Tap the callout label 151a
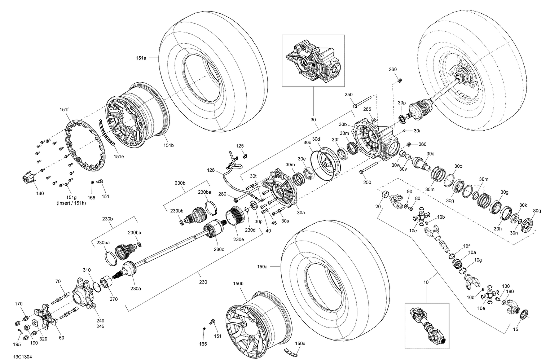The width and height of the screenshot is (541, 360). point(141,58)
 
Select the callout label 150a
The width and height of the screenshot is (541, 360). point(262,267)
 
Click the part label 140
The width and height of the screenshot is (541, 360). point(40,193)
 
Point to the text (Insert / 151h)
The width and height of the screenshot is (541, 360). point(71,203)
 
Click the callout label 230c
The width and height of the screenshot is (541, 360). point(219,249)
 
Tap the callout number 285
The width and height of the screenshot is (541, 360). point(367,109)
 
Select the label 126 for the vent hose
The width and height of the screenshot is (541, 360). point(211,170)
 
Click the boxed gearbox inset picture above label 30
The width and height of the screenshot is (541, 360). point(313,60)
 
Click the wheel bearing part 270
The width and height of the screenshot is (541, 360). point(106,281)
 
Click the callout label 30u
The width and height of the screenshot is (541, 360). point(307,143)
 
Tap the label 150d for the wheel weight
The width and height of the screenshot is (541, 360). point(300,343)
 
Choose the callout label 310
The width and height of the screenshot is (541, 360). point(87,270)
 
